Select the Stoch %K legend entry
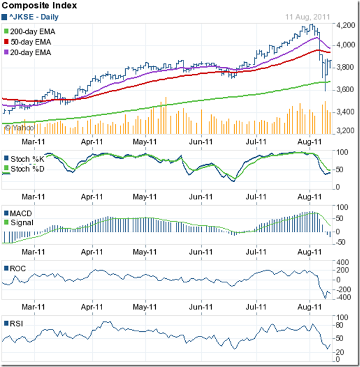click(x=28, y=158)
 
